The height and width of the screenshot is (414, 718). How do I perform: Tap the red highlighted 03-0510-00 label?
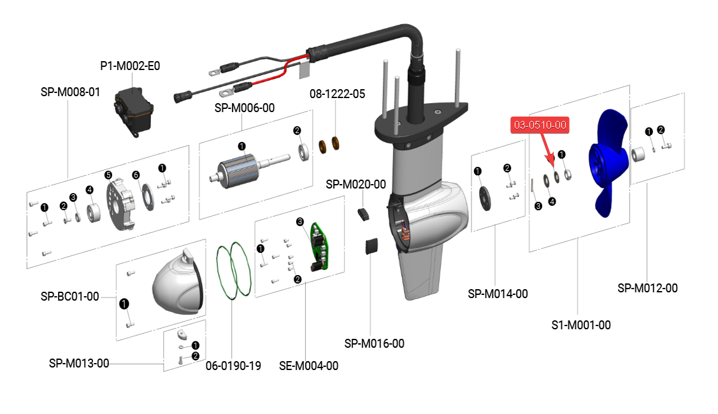click(x=540, y=125)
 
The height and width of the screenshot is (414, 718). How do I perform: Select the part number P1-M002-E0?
click(x=130, y=66)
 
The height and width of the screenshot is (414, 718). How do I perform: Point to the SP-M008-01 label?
click(x=70, y=92)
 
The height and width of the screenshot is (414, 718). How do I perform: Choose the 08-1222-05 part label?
click(x=337, y=94)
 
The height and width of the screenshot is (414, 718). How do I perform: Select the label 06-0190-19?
click(x=233, y=366)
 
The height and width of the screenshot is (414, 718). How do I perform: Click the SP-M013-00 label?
click(x=79, y=363)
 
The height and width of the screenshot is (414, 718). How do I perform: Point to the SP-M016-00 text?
click(x=374, y=343)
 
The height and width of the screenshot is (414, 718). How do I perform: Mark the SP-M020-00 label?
click(x=355, y=184)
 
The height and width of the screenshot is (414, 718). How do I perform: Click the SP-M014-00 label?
click(x=498, y=294)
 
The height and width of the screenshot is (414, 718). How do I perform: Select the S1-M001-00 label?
click(x=580, y=325)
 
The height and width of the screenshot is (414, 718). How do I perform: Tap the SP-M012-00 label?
click(x=647, y=288)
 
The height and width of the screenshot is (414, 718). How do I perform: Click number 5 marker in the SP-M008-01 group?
click(x=108, y=175)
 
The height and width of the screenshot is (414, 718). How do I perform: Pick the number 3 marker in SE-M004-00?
click(x=300, y=222)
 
